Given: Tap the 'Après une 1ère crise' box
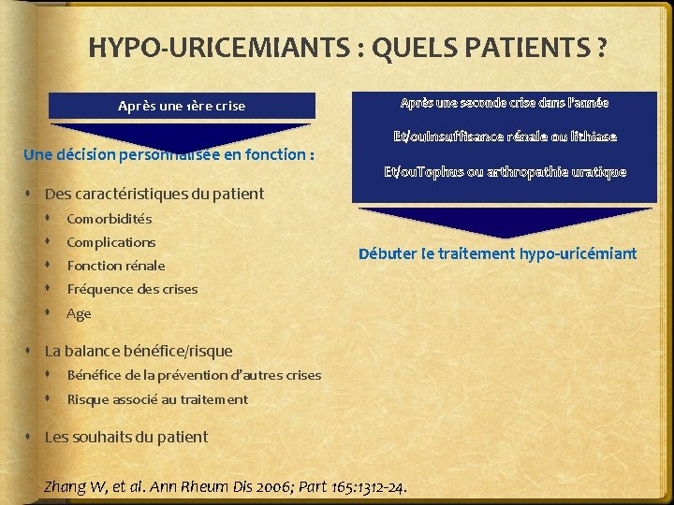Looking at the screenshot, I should tap(182, 106).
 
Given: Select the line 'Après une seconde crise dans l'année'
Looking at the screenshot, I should tap(505, 102).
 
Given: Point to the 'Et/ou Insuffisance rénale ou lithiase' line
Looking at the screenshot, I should tap(505, 137).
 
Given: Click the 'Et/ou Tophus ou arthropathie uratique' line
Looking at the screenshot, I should tap(505, 171).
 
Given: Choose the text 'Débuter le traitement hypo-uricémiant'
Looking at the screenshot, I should tap(497, 253).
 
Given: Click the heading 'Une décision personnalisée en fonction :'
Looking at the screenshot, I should tap(168, 154).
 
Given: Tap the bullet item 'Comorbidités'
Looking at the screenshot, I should tap(109, 219).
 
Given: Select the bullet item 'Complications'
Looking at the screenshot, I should tap(110, 242).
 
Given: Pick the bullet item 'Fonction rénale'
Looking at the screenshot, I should tap(115, 266).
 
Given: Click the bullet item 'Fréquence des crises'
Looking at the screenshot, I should tap(132, 289).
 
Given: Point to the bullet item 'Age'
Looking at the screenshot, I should tap(79, 313).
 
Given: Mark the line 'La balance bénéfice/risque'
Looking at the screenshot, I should tap(139, 351).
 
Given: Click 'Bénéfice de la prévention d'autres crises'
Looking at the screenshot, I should tap(194, 375).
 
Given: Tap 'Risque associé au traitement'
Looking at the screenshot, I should tap(157, 399).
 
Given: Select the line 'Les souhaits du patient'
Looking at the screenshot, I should tap(126, 437).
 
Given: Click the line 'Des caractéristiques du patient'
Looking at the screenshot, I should tap(154, 195).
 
